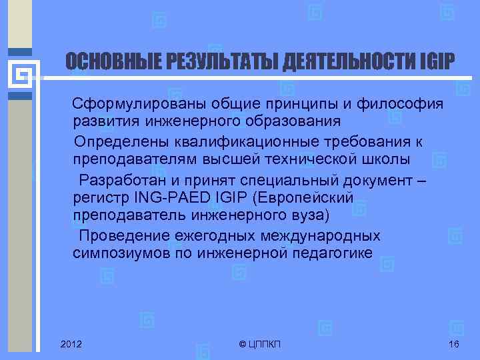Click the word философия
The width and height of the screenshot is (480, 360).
click(403, 105)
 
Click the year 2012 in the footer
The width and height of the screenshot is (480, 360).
click(71, 343)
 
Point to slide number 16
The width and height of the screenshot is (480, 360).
click(455, 343)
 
